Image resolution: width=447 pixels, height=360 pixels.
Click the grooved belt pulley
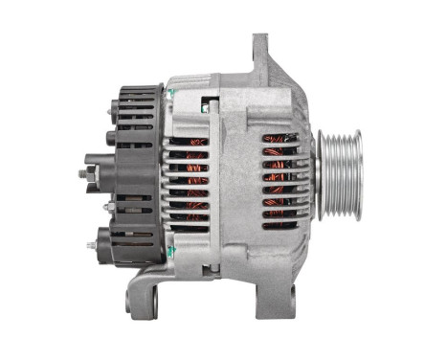[x=340, y=174]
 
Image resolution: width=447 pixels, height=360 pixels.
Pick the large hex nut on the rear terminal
[x=94, y=173]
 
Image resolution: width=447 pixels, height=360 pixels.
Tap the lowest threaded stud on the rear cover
[x=91, y=246]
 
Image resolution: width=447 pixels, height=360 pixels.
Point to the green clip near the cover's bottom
[x=168, y=251]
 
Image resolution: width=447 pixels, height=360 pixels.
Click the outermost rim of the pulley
[x=357, y=174]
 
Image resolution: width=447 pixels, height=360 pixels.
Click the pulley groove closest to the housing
[x=324, y=174]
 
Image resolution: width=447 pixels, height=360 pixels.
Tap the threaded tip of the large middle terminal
[x=81, y=175]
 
